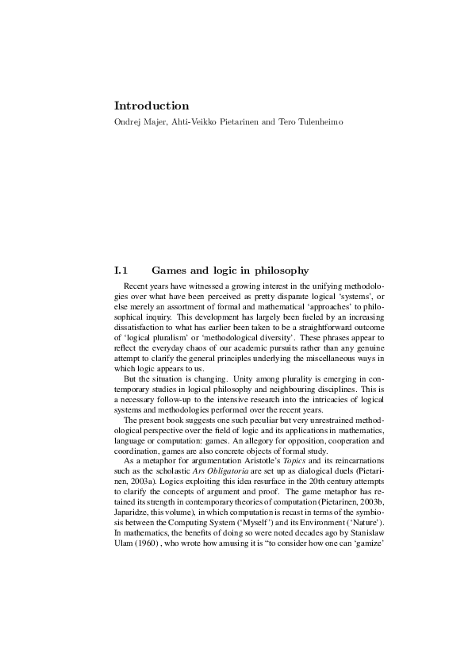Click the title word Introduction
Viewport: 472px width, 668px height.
pos(152,106)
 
